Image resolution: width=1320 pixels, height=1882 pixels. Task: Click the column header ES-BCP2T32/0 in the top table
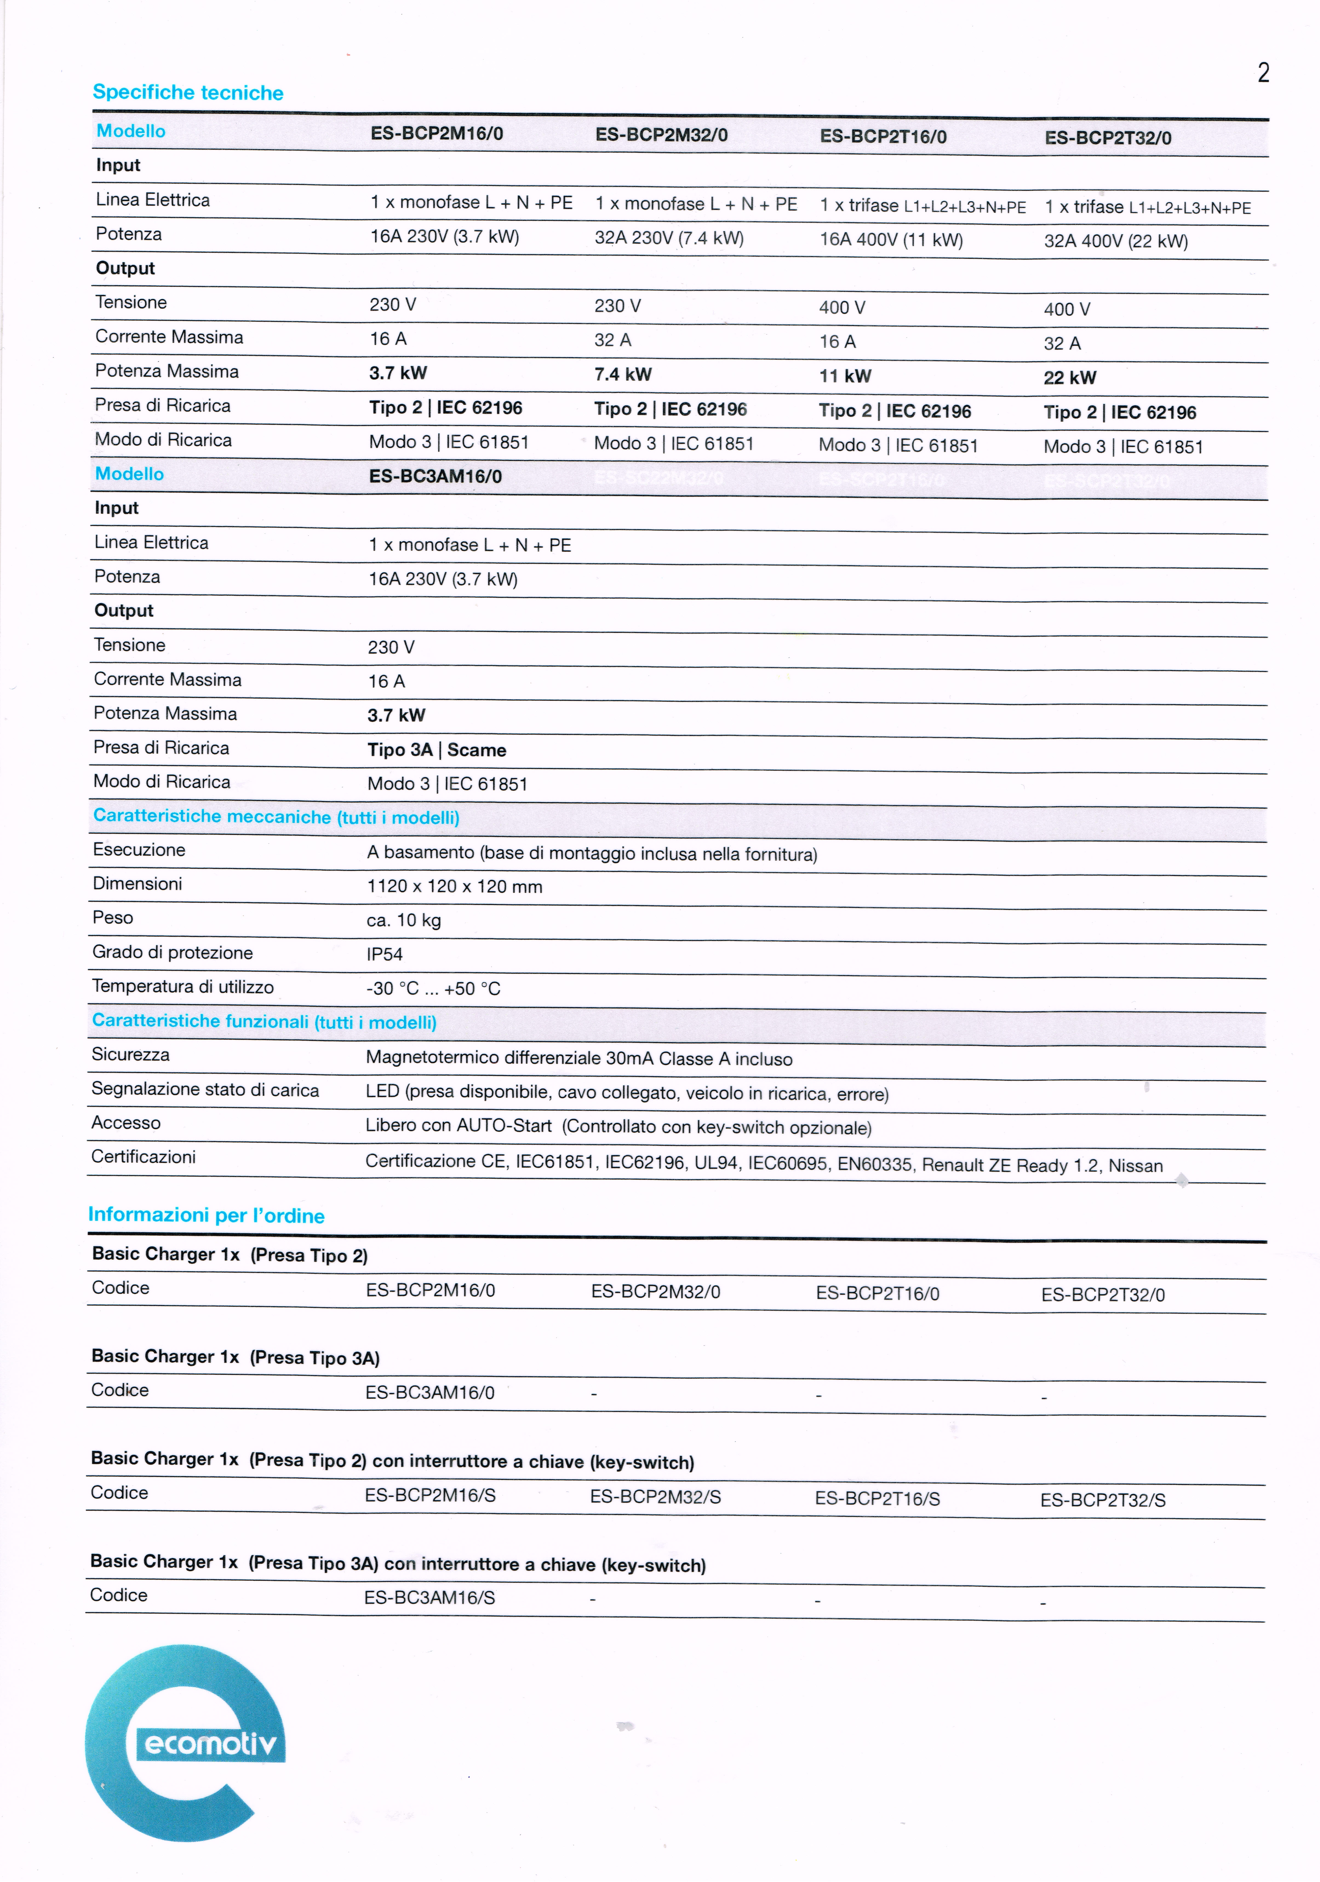(x=1108, y=138)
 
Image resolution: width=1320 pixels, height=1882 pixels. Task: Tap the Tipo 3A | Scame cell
(x=436, y=750)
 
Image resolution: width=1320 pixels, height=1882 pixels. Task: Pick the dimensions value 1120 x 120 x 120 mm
(x=454, y=886)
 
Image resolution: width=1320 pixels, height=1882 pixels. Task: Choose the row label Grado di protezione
(x=172, y=952)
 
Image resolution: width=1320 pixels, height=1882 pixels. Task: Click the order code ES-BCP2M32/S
(x=655, y=1497)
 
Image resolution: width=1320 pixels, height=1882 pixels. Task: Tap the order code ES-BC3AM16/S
(x=429, y=1598)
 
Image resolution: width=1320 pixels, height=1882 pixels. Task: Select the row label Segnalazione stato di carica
(x=205, y=1089)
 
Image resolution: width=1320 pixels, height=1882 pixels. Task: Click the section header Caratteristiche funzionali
(x=264, y=1021)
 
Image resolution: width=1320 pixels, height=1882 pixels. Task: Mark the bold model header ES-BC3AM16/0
(x=435, y=476)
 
